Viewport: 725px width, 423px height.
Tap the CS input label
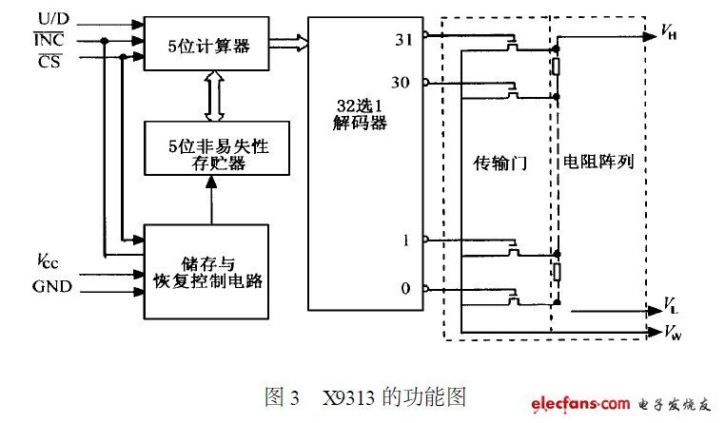coord(46,60)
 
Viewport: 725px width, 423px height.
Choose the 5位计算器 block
coord(205,43)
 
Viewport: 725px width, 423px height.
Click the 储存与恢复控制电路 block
coord(205,271)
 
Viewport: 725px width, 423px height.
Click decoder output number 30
coord(402,84)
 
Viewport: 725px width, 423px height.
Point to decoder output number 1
coord(407,240)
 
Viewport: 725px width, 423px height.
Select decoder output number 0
coord(407,288)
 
